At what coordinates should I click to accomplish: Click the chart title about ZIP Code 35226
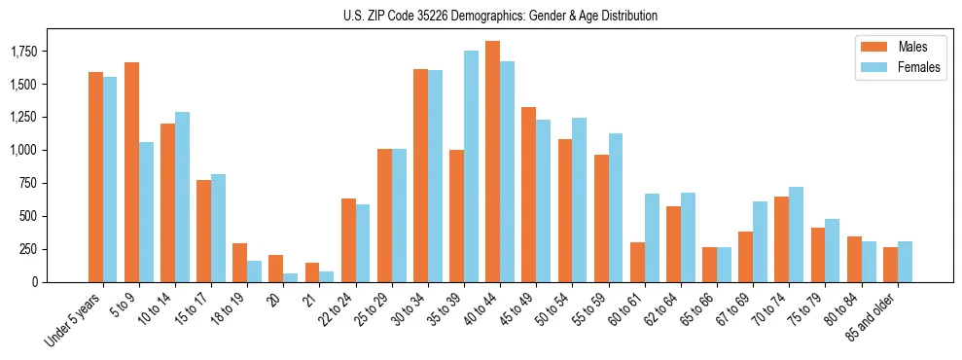pos(500,16)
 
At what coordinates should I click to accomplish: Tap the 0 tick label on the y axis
pos(34,282)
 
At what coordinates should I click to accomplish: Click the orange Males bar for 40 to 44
pos(493,162)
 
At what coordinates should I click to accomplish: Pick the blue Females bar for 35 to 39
pos(471,166)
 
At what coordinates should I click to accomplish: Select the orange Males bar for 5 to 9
pos(131,172)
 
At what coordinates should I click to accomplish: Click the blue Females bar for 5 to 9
pos(146,212)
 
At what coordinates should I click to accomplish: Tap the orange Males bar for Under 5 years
pos(95,177)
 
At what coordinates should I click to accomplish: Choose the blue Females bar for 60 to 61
pos(652,237)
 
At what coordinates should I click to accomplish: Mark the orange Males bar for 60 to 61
pos(637,262)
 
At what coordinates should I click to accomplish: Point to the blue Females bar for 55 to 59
pos(616,207)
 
